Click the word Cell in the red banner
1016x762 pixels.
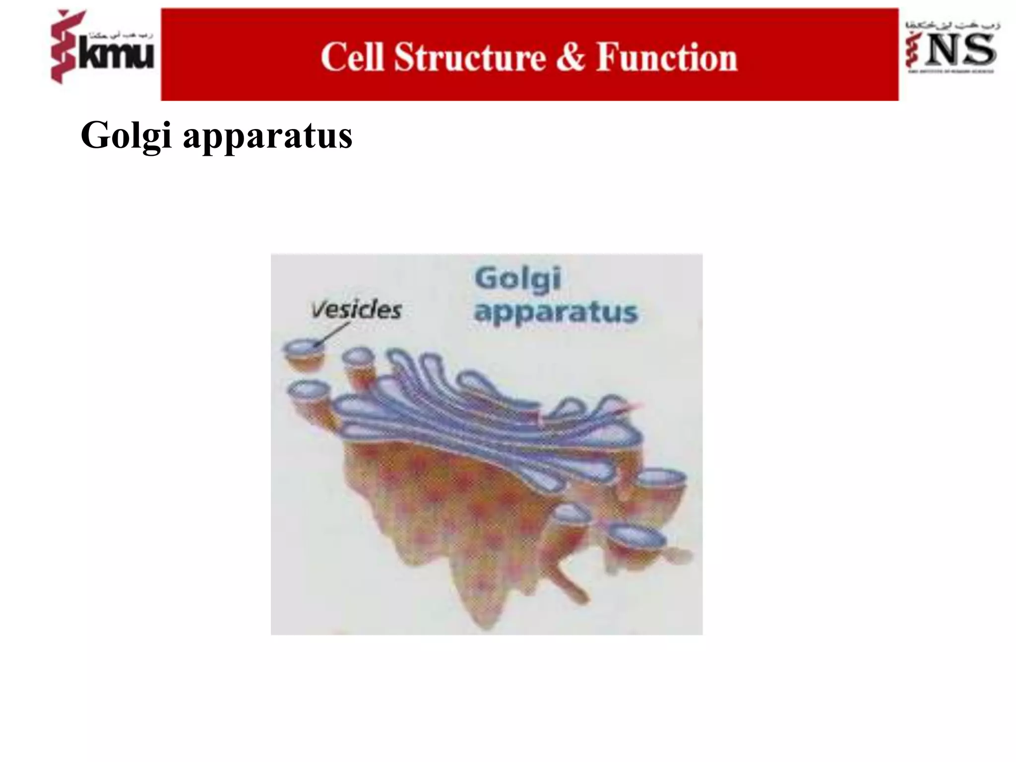pos(352,58)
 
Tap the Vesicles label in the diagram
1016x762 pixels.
pos(356,310)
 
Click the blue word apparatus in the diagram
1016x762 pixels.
pos(556,313)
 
